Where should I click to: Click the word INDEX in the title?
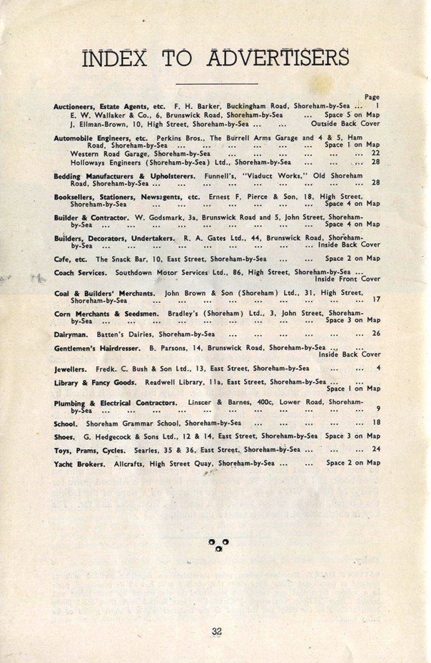(117, 58)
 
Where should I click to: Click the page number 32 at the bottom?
(217, 630)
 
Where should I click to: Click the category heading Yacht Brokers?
(81, 463)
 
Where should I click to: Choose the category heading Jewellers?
(71, 369)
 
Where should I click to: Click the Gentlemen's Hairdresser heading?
(98, 348)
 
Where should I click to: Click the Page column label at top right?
(372, 97)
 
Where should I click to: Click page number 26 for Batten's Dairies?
(376, 334)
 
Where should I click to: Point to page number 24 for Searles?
(376, 450)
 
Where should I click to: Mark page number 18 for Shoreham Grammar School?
(376, 423)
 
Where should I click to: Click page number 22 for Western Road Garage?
(376, 153)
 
